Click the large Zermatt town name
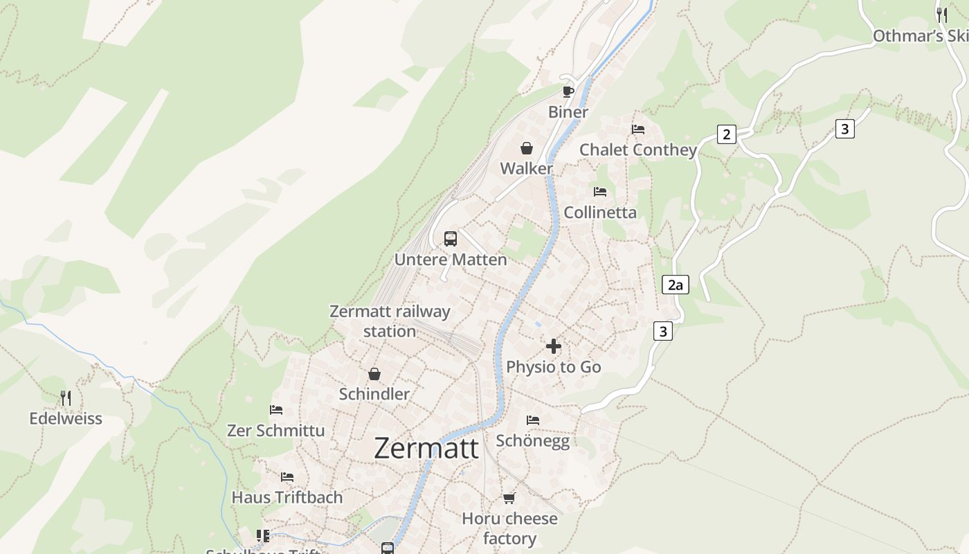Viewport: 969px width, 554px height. pos(426,448)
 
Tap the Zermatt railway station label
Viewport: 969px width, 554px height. pos(390,321)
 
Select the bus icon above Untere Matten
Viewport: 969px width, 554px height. pos(451,239)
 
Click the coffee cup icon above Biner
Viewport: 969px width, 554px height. pos(568,91)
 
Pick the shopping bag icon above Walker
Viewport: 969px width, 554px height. pos(527,148)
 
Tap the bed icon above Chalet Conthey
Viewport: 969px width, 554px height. pos(638,129)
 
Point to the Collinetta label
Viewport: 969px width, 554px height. pos(600,213)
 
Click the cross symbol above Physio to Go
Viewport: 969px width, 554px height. pos(554,346)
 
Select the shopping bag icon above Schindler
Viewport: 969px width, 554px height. pos(374,374)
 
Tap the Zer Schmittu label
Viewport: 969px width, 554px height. pos(275,431)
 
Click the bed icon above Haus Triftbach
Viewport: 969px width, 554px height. pos(287,477)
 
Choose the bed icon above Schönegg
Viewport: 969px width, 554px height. pos(533,420)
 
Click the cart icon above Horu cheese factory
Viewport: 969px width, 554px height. pos(509,499)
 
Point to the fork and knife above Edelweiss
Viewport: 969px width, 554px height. pos(66,398)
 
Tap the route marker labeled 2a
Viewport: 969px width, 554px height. pos(676,285)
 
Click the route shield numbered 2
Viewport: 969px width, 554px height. pos(726,134)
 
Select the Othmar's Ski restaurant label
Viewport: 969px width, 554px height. pos(920,36)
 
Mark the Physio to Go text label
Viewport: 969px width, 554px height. pos(554,367)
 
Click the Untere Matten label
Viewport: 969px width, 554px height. pos(451,260)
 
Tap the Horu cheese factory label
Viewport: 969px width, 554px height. pos(509,528)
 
